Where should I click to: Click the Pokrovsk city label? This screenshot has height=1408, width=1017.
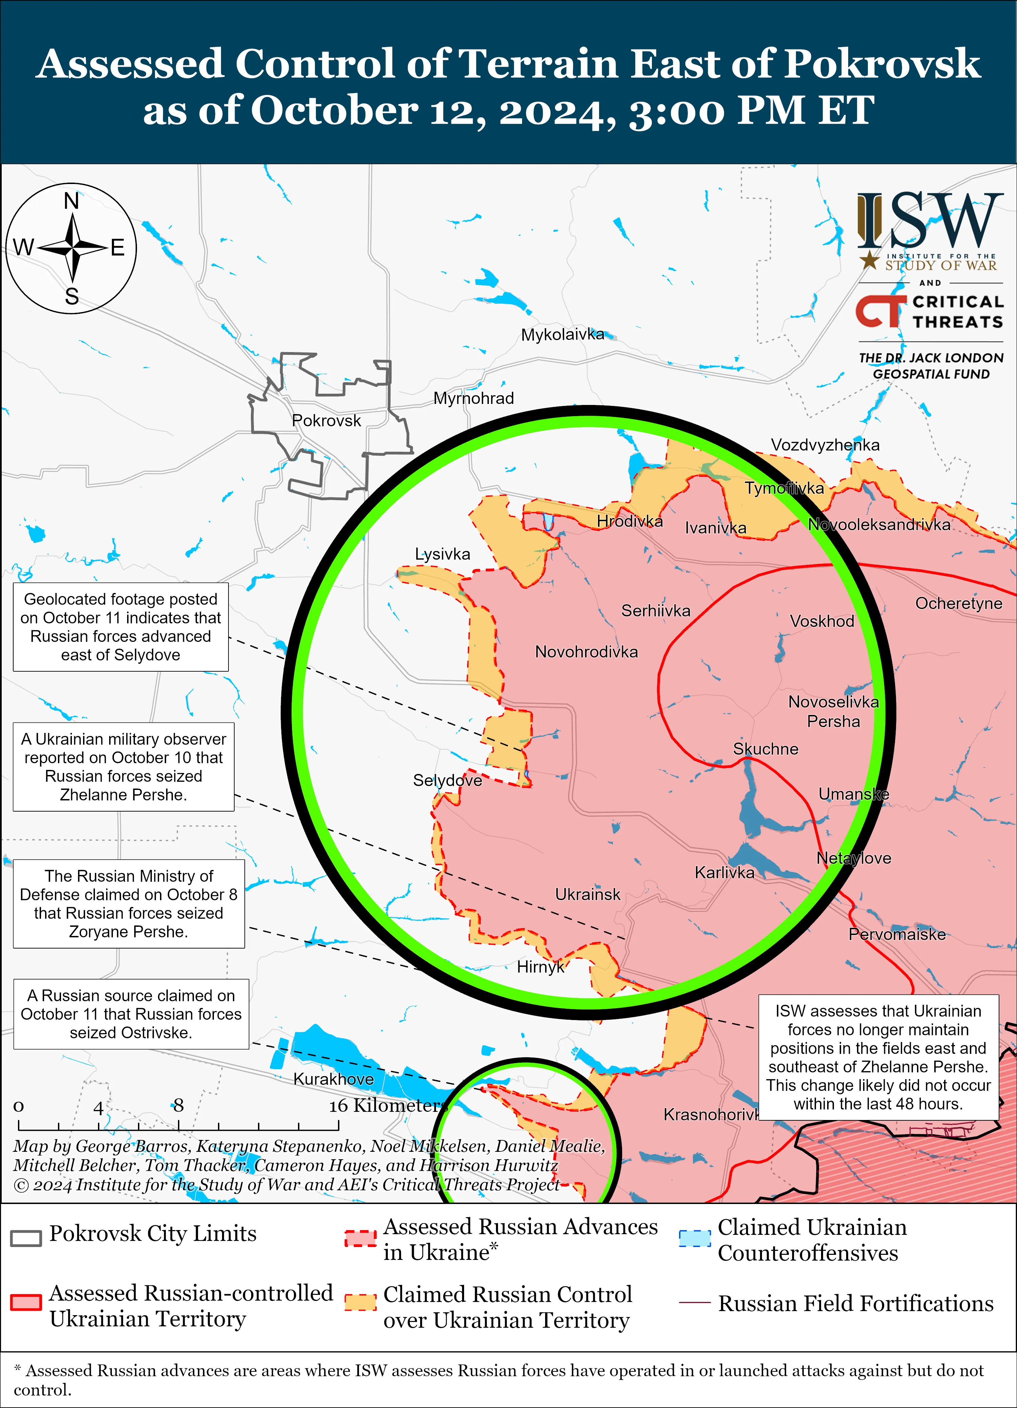tap(326, 421)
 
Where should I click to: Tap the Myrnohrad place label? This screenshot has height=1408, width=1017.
tap(473, 399)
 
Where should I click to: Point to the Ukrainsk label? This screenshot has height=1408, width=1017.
tap(587, 895)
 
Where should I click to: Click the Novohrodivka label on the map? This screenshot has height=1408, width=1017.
tap(586, 652)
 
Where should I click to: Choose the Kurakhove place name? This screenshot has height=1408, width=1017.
tap(334, 1079)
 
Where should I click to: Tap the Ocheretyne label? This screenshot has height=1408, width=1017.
tap(958, 604)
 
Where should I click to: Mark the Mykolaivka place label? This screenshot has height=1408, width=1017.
tap(562, 334)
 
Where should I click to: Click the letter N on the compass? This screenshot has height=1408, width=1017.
tap(72, 202)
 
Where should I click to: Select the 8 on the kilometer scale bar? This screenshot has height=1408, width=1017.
tap(179, 1106)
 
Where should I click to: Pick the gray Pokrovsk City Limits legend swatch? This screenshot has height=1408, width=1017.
tap(26, 1238)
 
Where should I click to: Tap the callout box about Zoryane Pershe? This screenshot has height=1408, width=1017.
tap(128, 904)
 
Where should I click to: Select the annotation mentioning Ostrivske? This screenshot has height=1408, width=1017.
tap(131, 1015)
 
